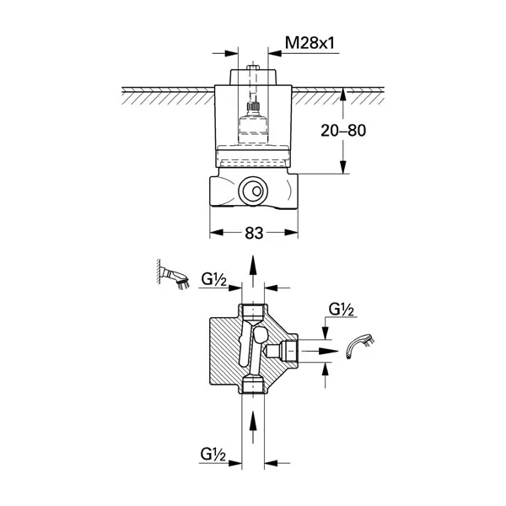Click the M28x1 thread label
tap(310, 43)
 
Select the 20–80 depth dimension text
tap(343, 131)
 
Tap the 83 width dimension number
tap(254, 233)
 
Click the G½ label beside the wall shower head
tap(214, 279)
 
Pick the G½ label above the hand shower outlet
tap(341, 310)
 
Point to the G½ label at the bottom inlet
tap(213, 455)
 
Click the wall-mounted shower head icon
tap(173, 275)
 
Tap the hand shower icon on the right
tap(361, 346)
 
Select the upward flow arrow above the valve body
tap(253, 271)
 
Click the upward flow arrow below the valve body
tap(253, 427)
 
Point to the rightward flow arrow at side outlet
tap(319, 351)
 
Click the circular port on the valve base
tap(253, 191)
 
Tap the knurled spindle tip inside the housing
tap(253, 105)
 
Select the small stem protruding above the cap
tap(253, 67)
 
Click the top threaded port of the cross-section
tap(253, 311)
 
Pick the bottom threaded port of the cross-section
tap(253, 386)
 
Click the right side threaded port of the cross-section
tap(289, 351)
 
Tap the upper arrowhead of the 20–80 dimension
tap(343, 94)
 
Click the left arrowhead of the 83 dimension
tap(217, 233)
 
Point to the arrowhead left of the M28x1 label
tap(232, 53)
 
